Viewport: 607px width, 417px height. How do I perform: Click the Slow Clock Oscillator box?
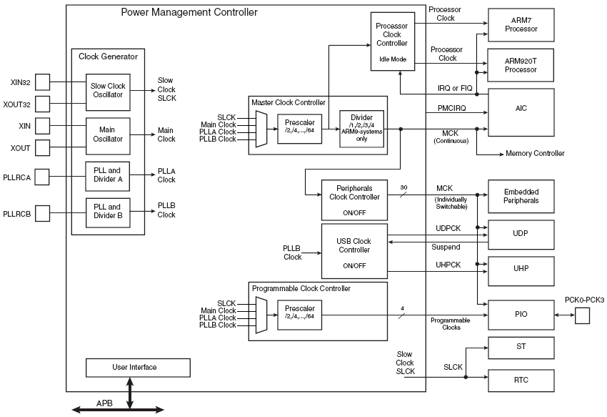108,92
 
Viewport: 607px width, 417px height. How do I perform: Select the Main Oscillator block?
108,136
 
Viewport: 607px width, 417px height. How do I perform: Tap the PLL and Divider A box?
108,177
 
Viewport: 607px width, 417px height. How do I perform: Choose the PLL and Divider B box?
108,213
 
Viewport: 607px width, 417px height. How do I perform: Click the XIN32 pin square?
43,82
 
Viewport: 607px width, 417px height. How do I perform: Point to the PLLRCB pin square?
43,213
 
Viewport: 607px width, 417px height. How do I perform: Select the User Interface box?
139,368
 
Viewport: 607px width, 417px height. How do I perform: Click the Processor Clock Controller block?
393,41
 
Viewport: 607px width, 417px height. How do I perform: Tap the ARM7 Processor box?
521,25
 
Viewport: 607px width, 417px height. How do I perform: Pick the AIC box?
521,112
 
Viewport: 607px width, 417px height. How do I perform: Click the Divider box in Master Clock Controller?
361,129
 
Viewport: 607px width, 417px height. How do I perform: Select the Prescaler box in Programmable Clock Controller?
300,315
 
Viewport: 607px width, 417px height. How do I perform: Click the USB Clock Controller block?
354,251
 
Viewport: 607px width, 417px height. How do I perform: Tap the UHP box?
521,271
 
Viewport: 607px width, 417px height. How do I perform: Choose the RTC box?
521,380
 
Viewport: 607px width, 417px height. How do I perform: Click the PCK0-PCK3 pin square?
582,315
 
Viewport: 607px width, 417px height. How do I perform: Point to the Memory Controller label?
535,153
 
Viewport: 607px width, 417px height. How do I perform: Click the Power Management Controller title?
189,12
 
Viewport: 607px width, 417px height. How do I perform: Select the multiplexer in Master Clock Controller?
261,129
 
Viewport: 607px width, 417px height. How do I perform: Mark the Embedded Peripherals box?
521,196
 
